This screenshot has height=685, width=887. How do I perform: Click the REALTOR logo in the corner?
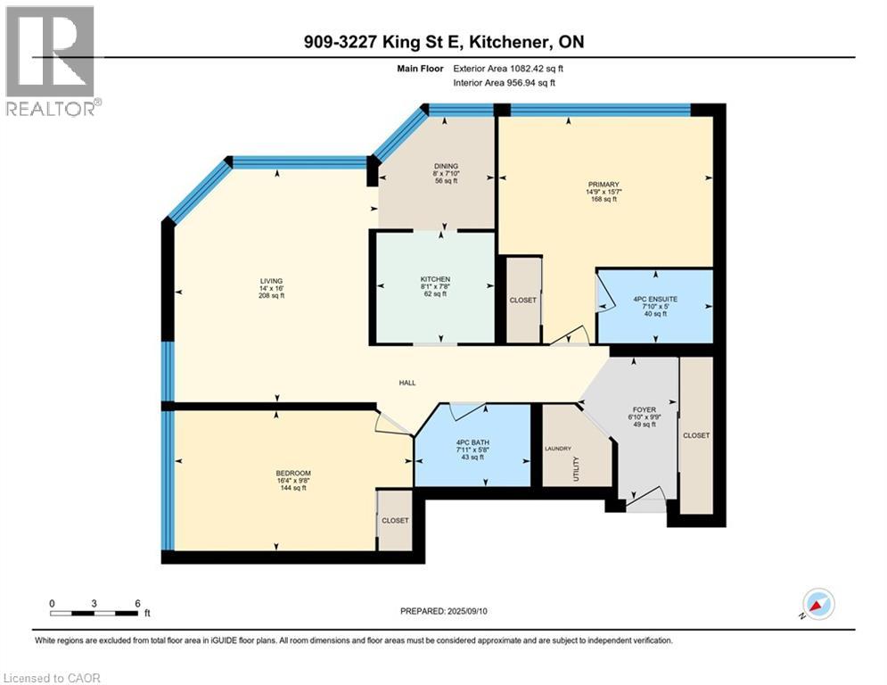pyautogui.click(x=51, y=60)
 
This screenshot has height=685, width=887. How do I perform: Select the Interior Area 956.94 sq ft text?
pyautogui.click(x=505, y=83)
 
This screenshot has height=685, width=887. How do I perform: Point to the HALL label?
pyautogui.click(x=407, y=384)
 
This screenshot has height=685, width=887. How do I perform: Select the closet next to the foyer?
pyautogui.click(x=696, y=435)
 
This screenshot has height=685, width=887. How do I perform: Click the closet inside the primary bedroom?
pyautogui.click(x=523, y=301)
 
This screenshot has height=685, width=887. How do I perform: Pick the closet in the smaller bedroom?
pyautogui.click(x=394, y=520)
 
